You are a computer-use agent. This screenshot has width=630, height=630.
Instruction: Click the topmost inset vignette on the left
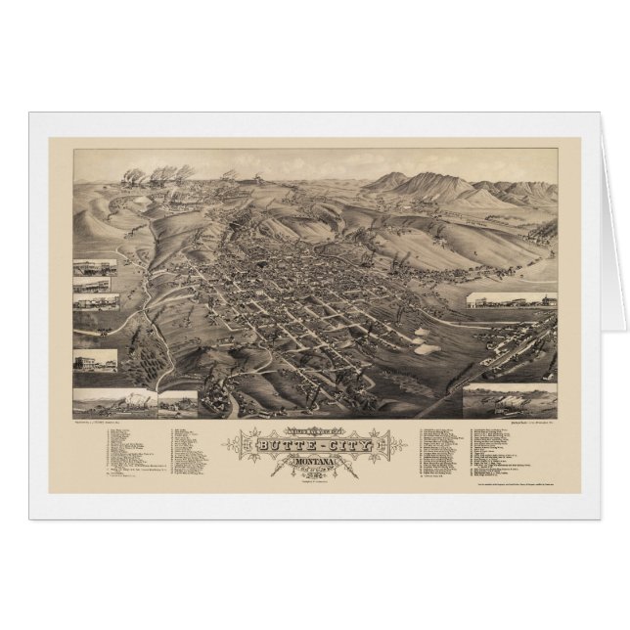(95, 268)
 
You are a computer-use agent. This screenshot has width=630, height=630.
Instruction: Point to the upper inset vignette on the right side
(510, 300)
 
